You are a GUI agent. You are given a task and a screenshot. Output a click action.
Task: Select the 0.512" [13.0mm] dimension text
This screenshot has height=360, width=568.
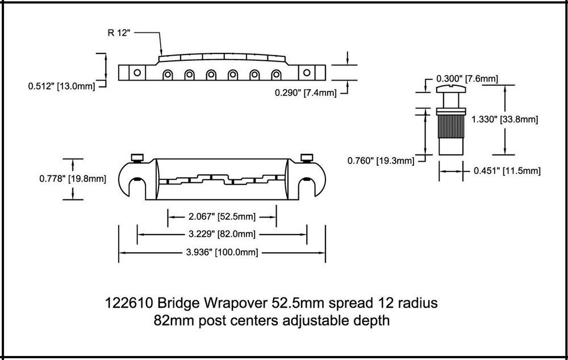click(x=61, y=86)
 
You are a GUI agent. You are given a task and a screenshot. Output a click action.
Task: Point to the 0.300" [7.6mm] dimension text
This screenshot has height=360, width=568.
click(x=467, y=79)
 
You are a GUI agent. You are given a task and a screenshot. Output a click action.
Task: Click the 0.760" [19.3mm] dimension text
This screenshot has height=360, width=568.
click(x=381, y=161)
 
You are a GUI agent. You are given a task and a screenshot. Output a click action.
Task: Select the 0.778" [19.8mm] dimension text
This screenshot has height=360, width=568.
click(x=72, y=178)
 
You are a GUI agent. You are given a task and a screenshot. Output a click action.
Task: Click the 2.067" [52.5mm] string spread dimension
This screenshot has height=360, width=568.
click(x=222, y=216)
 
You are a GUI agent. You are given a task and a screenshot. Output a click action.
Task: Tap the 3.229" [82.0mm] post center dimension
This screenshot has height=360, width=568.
click(x=222, y=234)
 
